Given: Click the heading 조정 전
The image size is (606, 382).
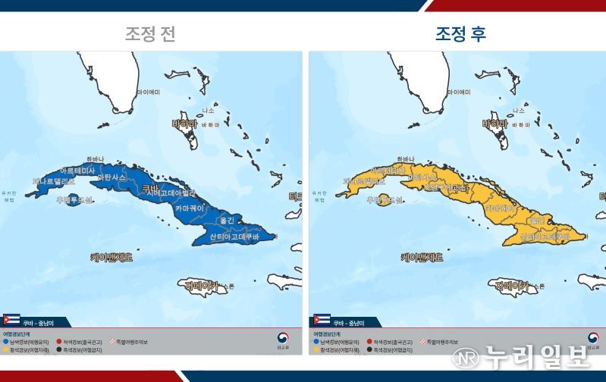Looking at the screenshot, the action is [150, 34].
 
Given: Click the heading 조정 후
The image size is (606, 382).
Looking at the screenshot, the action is [460, 34].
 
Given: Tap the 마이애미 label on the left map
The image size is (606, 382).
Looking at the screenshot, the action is [149, 92].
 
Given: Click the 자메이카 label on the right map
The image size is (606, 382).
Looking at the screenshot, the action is [511, 286].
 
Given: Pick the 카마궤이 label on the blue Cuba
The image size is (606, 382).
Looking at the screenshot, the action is [191, 207].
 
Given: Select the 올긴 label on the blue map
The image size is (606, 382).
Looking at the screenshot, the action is [226, 221].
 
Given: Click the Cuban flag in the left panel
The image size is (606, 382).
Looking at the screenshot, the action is [11, 321].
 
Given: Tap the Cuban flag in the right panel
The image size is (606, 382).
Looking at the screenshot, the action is [322, 321].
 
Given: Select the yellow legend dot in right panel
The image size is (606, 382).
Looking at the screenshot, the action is [316, 349].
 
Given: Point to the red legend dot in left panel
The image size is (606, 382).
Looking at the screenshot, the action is [58, 342].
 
